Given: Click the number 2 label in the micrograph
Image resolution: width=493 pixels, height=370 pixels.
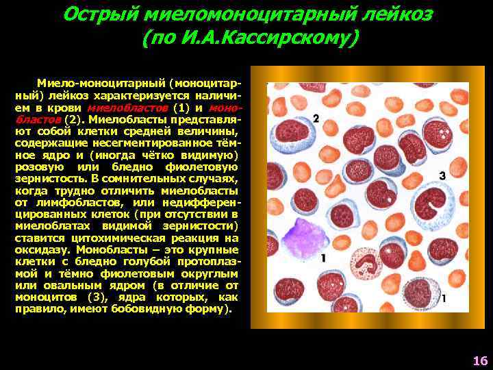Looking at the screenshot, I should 316,119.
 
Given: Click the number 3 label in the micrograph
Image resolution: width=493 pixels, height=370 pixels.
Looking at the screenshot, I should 442,176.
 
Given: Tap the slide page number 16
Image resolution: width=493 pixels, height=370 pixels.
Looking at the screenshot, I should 479,360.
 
